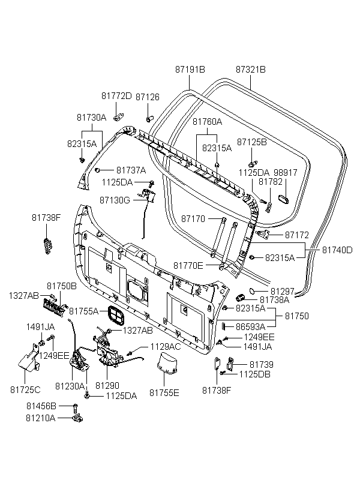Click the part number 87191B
click(190, 70)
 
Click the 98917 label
click(286, 172)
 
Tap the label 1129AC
click(165, 347)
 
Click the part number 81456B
click(41, 406)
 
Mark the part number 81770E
click(188, 265)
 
